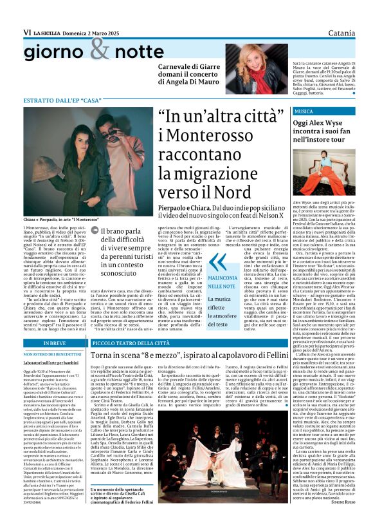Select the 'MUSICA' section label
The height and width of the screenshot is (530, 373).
point(286,111)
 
